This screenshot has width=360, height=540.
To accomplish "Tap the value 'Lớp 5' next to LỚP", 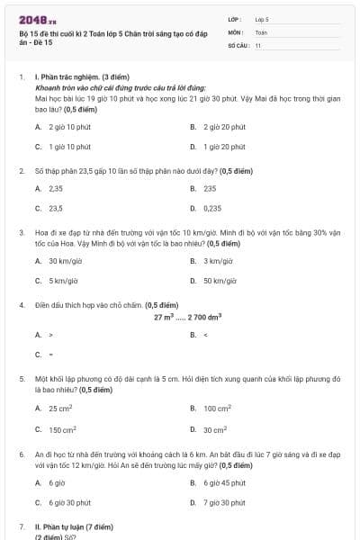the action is (x=262, y=19).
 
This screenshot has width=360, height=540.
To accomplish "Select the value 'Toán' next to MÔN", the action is (x=261, y=31).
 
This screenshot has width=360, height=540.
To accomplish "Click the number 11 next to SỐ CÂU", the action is (x=258, y=45).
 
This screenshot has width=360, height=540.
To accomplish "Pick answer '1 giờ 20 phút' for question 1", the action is (x=224, y=146).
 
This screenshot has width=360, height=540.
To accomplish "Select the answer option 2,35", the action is (x=56, y=189).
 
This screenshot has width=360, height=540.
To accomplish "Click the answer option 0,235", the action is (x=212, y=208).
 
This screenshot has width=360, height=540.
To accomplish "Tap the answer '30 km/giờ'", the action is (x=66, y=261).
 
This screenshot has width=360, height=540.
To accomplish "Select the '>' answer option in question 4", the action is (x=50, y=335).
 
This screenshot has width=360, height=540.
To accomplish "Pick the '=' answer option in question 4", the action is (x=50, y=354).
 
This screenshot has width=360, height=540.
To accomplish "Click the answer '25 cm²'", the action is (x=62, y=409).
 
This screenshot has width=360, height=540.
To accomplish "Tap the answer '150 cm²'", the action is (x=63, y=429).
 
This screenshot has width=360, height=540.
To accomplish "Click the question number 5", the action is (x=22, y=380).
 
